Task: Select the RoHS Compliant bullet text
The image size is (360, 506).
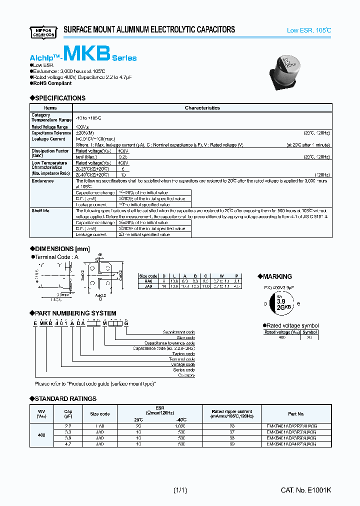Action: tap(53, 83)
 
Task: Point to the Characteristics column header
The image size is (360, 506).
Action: tap(202, 107)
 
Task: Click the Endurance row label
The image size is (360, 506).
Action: tap(42, 181)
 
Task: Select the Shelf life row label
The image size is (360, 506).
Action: tap(40, 211)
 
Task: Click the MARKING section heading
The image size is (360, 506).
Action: tap(276, 276)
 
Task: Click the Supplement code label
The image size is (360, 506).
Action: tap(179, 332)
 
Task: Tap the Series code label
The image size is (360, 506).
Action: tap(184, 370)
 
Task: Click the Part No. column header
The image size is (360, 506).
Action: tap(296, 414)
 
